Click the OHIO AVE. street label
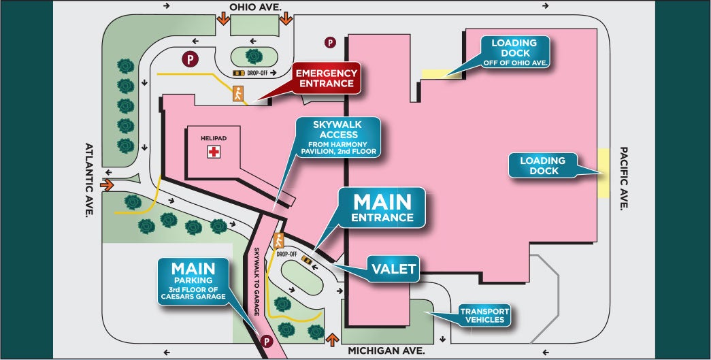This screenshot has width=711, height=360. (x=259, y=7)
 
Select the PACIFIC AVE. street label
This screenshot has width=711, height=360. (x=624, y=179)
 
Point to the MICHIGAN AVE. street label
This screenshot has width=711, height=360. (x=386, y=351)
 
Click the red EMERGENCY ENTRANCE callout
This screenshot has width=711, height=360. (x=326, y=78)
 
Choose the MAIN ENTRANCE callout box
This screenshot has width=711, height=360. (x=382, y=208)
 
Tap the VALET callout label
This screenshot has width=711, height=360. (x=393, y=269)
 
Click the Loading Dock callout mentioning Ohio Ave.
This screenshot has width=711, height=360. (x=514, y=52)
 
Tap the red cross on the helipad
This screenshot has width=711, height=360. (x=214, y=152)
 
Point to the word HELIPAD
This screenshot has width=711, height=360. (x=213, y=137)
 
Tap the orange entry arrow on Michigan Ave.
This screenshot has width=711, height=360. (x=332, y=338)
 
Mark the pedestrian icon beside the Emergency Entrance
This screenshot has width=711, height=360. (x=238, y=93)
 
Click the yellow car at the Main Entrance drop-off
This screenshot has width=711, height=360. (x=307, y=259)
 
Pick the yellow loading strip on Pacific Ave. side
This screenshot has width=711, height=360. (x=603, y=172)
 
